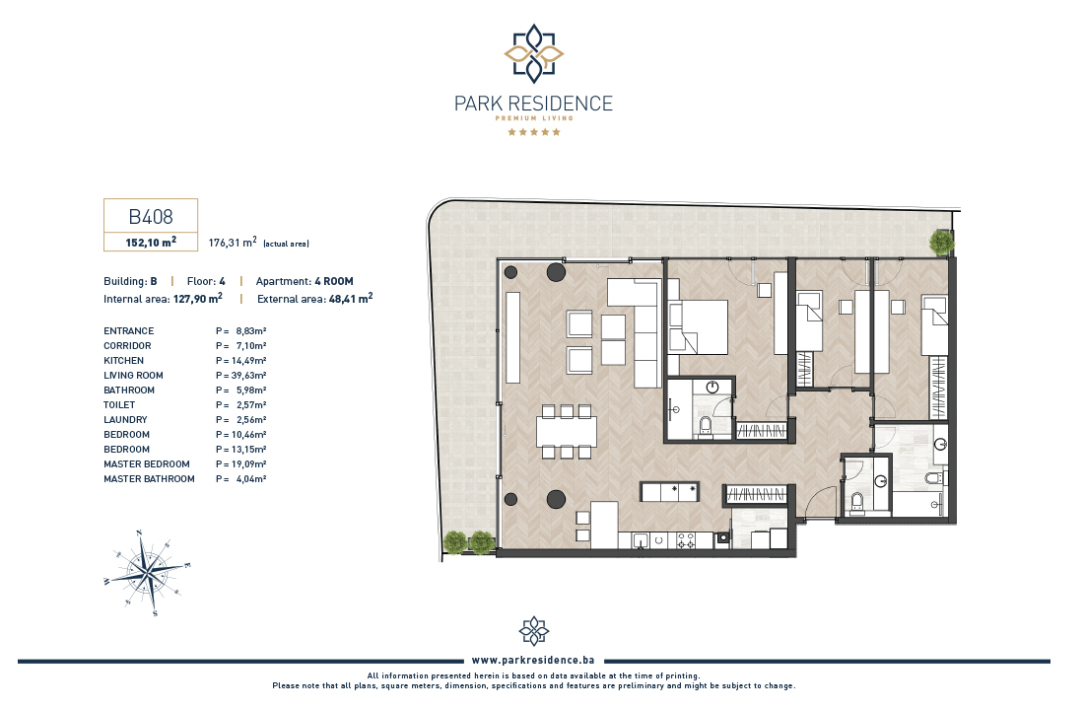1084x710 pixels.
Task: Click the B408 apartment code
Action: point(151,217)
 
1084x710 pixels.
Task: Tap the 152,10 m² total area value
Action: point(151,243)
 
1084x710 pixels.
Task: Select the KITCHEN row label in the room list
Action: point(124,361)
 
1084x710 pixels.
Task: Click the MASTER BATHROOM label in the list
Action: point(150,479)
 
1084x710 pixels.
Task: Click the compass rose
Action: point(147,573)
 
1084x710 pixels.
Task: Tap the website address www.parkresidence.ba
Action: point(533,660)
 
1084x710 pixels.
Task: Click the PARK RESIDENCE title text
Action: point(533,104)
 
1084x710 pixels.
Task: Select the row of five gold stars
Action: point(534,132)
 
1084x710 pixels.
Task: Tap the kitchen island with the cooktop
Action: point(669,492)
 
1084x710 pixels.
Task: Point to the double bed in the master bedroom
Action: point(698,327)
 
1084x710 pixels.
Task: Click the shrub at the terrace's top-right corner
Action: point(941,243)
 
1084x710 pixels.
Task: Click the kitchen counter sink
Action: point(641,540)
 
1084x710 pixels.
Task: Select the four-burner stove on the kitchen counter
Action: point(685,540)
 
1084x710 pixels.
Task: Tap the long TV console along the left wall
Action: point(512,337)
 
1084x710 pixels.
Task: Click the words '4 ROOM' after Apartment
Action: point(334,281)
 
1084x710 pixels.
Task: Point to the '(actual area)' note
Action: point(286,244)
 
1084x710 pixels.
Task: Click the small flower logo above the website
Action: point(534,631)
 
